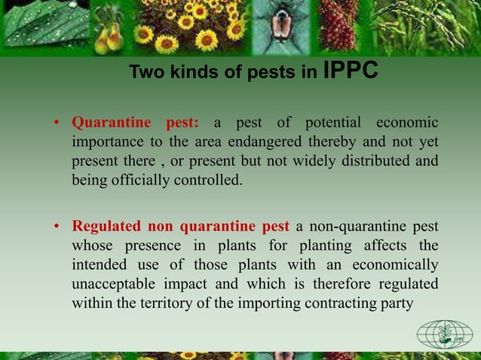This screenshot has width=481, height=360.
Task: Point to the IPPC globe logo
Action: coord(445,334)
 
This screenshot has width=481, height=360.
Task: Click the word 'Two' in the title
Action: coord(144,73)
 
